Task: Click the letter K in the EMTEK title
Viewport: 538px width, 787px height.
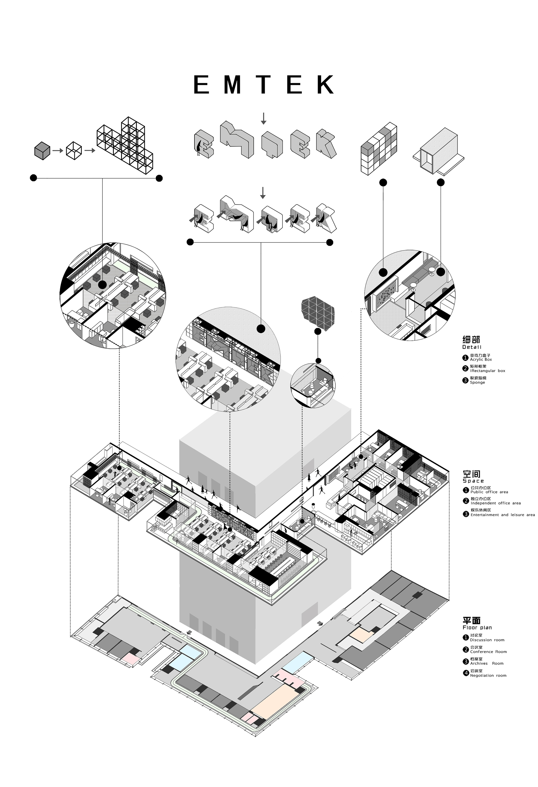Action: point(325,85)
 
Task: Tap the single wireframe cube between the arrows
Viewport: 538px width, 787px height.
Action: point(74,151)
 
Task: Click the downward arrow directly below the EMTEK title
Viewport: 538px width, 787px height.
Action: point(263,118)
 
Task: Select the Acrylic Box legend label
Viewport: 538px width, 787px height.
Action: point(481,359)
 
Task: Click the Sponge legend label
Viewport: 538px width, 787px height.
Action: point(477,382)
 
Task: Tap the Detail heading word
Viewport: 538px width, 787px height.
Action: point(472,347)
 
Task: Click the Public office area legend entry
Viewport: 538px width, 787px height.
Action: point(489,492)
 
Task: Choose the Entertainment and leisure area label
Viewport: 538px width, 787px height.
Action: point(502,515)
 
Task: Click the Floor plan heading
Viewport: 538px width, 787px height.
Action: point(477,627)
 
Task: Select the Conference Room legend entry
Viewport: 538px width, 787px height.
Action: point(488,652)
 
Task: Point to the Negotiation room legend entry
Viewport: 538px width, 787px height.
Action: point(488,675)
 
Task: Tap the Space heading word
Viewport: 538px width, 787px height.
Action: point(473,481)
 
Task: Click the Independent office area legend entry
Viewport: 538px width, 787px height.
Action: point(495,503)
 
